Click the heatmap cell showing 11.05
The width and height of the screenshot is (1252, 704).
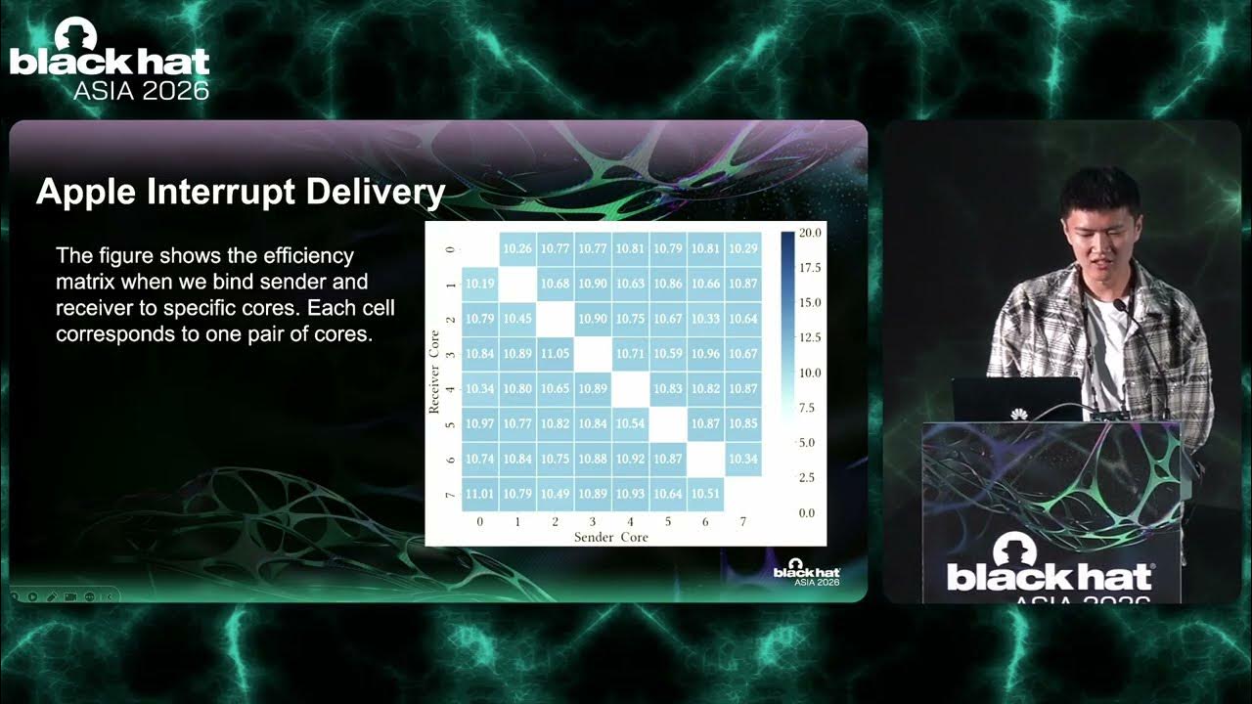pos(555,354)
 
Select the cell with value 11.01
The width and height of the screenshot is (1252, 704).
pos(479,494)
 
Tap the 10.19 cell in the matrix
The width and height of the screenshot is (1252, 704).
pos(479,284)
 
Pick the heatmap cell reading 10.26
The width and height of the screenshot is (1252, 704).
pos(517,248)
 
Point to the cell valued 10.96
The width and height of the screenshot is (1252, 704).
pos(705,354)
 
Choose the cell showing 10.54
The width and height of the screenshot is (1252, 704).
pos(631,423)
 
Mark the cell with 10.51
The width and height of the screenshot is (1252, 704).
pos(705,494)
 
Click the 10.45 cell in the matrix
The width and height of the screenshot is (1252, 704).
pos(517,319)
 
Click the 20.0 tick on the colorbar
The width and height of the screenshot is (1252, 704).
pos(810,233)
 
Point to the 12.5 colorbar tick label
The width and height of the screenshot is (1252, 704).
pos(810,337)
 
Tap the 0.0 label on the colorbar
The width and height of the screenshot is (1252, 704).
pos(807,513)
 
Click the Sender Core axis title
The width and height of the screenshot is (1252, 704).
pos(611,538)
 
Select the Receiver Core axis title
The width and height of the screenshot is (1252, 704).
pos(434,373)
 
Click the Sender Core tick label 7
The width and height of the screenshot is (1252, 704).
pos(742,522)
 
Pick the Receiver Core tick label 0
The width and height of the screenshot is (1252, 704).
pos(451,249)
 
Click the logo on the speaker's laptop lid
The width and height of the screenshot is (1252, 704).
pos(1019,414)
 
